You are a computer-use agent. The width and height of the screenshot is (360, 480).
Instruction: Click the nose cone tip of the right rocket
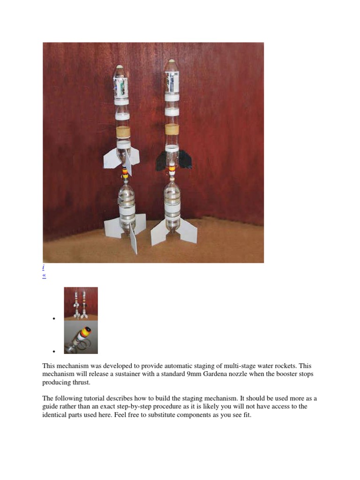click(172, 61)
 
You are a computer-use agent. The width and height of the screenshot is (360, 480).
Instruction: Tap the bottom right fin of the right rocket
click(188, 229)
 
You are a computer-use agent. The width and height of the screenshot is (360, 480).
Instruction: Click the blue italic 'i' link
click(44, 268)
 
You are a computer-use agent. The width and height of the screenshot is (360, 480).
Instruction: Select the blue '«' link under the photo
click(45, 276)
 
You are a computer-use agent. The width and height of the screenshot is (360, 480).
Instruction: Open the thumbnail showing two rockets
click(81, 304)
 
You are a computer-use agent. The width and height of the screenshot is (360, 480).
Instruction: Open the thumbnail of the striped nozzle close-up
click(81, 337)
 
